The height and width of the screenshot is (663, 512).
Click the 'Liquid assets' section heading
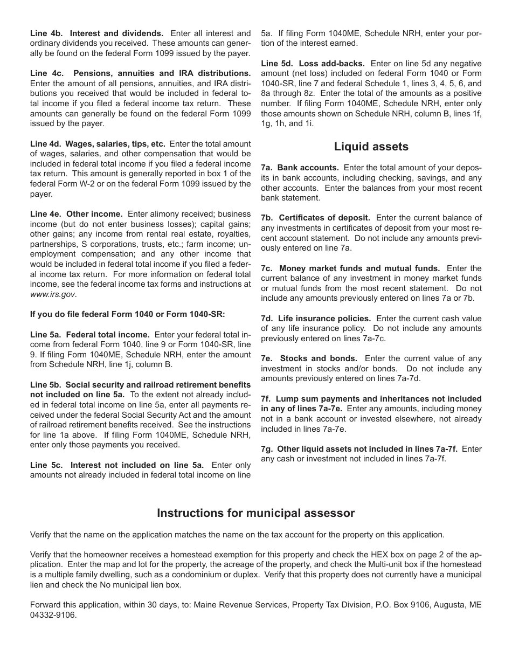[x=371, y=147]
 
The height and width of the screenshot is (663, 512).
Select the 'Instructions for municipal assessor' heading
[x=255, y=513]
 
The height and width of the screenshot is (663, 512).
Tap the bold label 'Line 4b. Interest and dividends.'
[x=97, y=33]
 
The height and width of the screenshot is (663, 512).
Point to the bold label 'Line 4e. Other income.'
[x=77, y=214]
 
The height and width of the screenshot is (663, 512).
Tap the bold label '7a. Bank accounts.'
[x=300, y=168]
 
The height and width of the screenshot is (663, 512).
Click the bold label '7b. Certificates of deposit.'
[x=315, y=218]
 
